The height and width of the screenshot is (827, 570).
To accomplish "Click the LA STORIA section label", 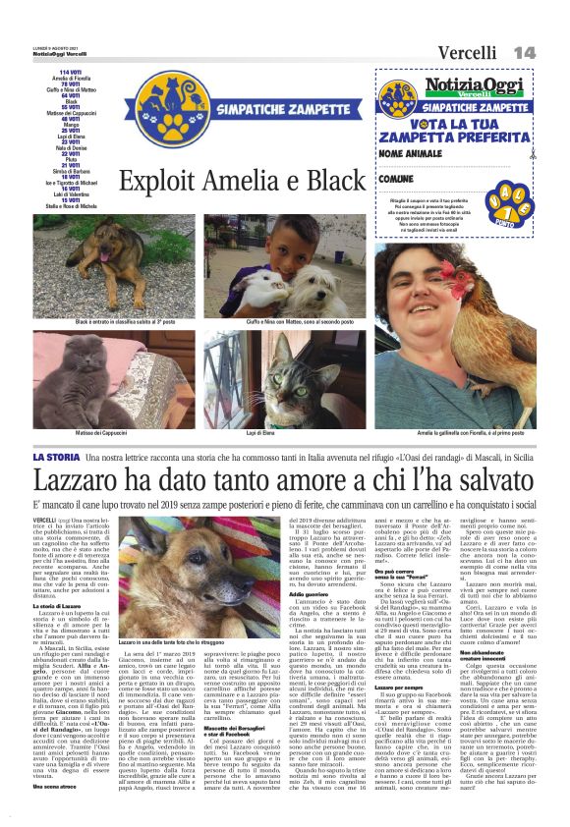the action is coord(58,458).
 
